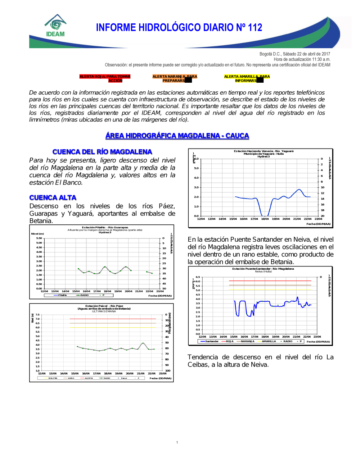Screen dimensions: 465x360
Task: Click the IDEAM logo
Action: (x=55, y=26)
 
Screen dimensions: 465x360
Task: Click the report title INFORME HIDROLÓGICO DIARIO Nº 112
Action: (x=179, y=28)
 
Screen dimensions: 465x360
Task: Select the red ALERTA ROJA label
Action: (x=105, y=78)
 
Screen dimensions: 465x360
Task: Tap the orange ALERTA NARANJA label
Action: (x=175, y=78)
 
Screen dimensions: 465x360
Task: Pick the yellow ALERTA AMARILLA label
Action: (x=247, y=78)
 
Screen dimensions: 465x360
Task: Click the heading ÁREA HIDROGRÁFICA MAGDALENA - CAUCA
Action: (x=177, y=136)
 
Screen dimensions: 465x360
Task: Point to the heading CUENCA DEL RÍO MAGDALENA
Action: (x=102, y=152)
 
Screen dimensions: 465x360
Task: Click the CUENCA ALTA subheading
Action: (x=53, y=197)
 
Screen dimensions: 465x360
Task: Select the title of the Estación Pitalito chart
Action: (x=105, y=227)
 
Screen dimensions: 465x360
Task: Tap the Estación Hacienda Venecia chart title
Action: (x=264, y=151)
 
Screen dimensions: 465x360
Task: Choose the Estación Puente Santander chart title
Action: (x=263, y=269)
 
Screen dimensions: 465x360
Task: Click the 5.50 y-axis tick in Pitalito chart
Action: (x=39, y=238)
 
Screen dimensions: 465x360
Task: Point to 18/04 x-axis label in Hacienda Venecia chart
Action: (x=265, y=219)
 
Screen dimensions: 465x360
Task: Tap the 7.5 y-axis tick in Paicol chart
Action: (x=37, y=315)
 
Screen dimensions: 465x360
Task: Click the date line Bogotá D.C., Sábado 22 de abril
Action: (x=294, y=54)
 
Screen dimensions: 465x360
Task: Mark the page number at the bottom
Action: (x=177, y=442)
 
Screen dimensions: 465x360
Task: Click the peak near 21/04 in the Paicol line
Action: (x=143, y=343)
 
